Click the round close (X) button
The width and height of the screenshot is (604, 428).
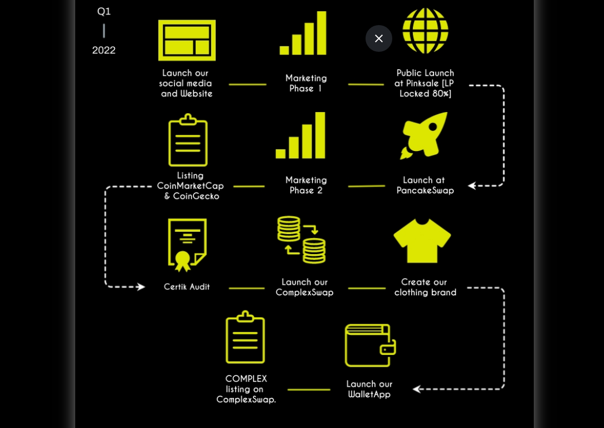coord(379,38)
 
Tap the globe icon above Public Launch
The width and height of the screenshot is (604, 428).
coord(425,31)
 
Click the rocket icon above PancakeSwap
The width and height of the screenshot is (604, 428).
coord(425,135)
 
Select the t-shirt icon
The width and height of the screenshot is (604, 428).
coord(422,240)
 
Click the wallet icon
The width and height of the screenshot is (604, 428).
coord(370,346)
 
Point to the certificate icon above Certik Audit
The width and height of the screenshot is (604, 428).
coord(187,244)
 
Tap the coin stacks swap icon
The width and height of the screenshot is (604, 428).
coord(301,240)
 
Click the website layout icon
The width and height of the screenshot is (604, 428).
coord(187,40)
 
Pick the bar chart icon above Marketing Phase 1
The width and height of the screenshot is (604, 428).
coord(303,33)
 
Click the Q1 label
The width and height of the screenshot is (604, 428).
coord(104,11)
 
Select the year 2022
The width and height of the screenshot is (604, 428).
coord(104,50)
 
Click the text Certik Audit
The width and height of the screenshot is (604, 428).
coord(187,287)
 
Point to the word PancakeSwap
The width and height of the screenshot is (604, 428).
coord(425,191)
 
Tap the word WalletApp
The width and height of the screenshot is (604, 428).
coord(369,395)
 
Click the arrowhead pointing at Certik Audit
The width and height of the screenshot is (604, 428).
coord(140,287)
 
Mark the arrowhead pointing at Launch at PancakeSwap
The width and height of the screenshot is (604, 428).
coord(472,186)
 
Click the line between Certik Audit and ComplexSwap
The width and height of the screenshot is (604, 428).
coord(246,288)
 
